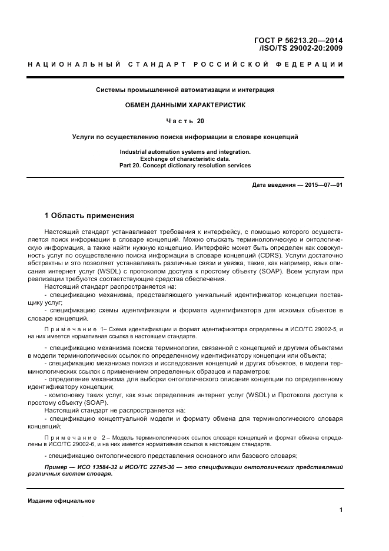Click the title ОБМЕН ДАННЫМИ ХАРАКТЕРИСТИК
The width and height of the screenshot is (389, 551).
click(x=185, y=104)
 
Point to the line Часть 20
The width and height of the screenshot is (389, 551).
click(x=185, y=121)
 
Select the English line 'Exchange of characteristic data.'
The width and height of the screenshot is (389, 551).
click(x=185, y=159)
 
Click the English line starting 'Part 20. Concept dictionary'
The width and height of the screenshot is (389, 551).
click(x=185, y=166)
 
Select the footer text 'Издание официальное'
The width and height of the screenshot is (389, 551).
click(x=61, y=501)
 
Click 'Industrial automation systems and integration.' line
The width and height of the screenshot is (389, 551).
click(x=185, y=152)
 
